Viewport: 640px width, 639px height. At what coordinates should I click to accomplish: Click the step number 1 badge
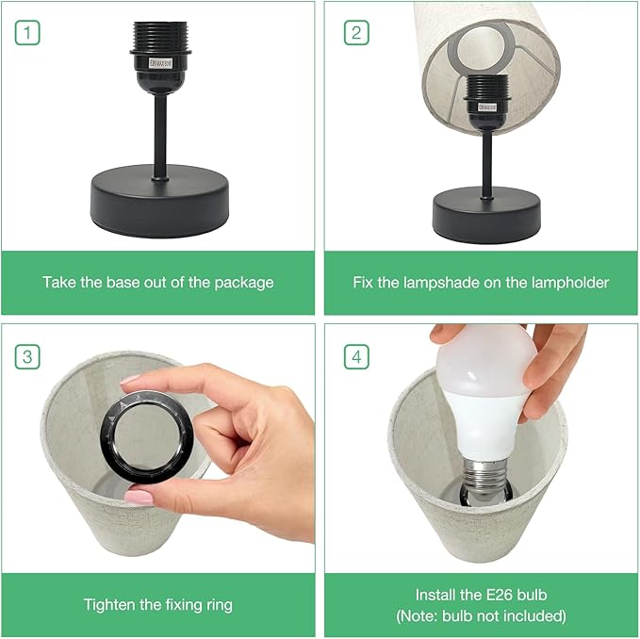tap(27, 33)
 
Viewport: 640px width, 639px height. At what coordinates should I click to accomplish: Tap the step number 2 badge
tap(356, 33)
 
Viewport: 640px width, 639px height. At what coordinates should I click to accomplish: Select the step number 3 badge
tap(27, 356)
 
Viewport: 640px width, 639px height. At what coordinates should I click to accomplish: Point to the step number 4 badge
tap(356, 356)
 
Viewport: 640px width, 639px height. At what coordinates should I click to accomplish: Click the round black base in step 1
tap(159, 201)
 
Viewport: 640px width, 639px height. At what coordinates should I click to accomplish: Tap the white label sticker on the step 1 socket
tap(161, 64)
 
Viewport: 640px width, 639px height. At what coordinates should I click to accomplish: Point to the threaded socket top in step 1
tap(160, 36)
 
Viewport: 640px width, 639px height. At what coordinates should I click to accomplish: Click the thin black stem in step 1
tap(160, 136)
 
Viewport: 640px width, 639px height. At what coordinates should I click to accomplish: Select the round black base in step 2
tap(486, 215)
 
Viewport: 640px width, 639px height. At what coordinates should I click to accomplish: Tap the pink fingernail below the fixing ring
tap(139, 498)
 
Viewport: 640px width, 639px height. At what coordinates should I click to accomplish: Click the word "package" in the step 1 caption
tap(244, 283)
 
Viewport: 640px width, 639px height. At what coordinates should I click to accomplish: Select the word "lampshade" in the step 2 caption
tap(441, 283)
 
